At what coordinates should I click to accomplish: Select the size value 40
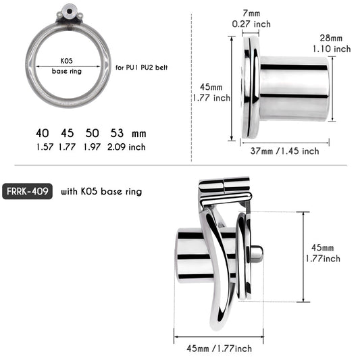pos(43,133)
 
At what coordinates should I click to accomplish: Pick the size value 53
pos(116,133)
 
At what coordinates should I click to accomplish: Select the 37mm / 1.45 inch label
pos(284,151)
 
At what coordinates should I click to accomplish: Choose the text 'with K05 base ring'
pos(101,191)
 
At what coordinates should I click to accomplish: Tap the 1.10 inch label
pos(332,49)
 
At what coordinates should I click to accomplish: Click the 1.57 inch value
pos(43,146)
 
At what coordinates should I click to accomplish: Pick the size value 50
pos(93,133)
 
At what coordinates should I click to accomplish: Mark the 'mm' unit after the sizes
pos(139,134)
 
